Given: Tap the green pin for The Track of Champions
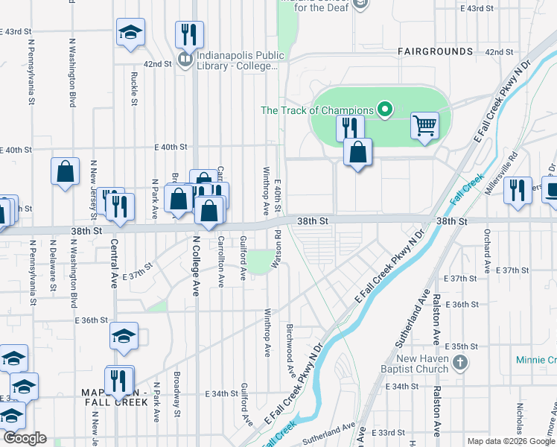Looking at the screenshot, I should click(385, 111).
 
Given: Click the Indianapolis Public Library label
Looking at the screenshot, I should click(229, 60).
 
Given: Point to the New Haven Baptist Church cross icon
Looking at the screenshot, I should click(461, 363).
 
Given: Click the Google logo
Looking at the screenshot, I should click(25, 438).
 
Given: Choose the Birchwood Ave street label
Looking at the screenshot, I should click(290, 344).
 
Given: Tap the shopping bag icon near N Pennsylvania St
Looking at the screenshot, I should click(66, 171).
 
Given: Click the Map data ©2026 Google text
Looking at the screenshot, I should click(511, 441).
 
